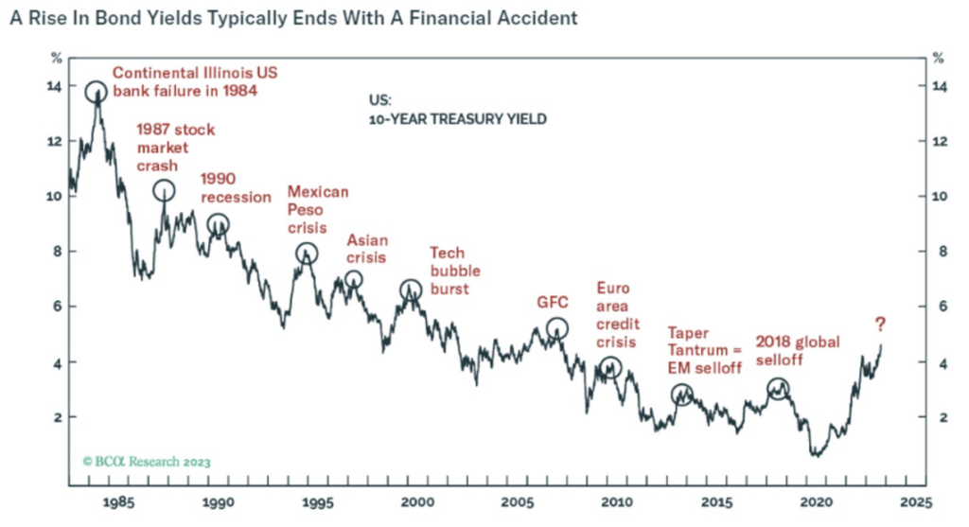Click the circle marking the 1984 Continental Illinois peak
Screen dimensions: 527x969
coord(96,92)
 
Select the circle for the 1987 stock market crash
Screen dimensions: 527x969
coord(165,190)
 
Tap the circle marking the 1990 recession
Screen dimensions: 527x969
coord(218,224)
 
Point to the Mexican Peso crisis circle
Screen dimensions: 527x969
coord(306,254)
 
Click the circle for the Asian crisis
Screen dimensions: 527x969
coord(353,279)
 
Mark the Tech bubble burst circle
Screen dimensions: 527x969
coord(411,290)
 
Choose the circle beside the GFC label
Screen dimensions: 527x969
coord(557,328)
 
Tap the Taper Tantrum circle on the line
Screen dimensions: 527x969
coord(681,395)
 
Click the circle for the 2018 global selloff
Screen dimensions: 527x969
coord(777,388)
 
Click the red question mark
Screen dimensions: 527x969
coord(880,325)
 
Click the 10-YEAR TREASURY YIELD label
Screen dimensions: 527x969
coord(458,120)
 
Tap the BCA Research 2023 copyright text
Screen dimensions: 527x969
coord(147,462)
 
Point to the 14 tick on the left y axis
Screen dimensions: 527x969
coord(55,86)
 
